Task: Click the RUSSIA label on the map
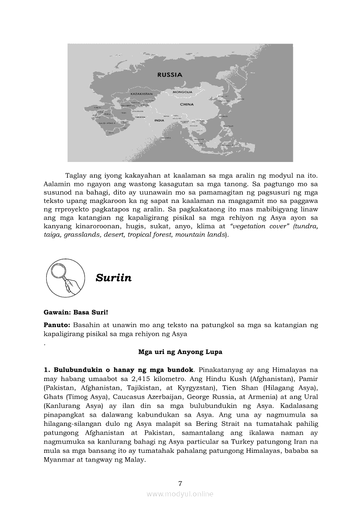(170, 75)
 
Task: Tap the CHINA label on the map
(187, 104)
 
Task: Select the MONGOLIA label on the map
(183, 92)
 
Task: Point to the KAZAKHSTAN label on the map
(141, 94)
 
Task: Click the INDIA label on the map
(159, 120)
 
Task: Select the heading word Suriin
(113, 278)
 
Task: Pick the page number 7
(180, 483)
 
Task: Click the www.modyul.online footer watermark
(180, 494)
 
